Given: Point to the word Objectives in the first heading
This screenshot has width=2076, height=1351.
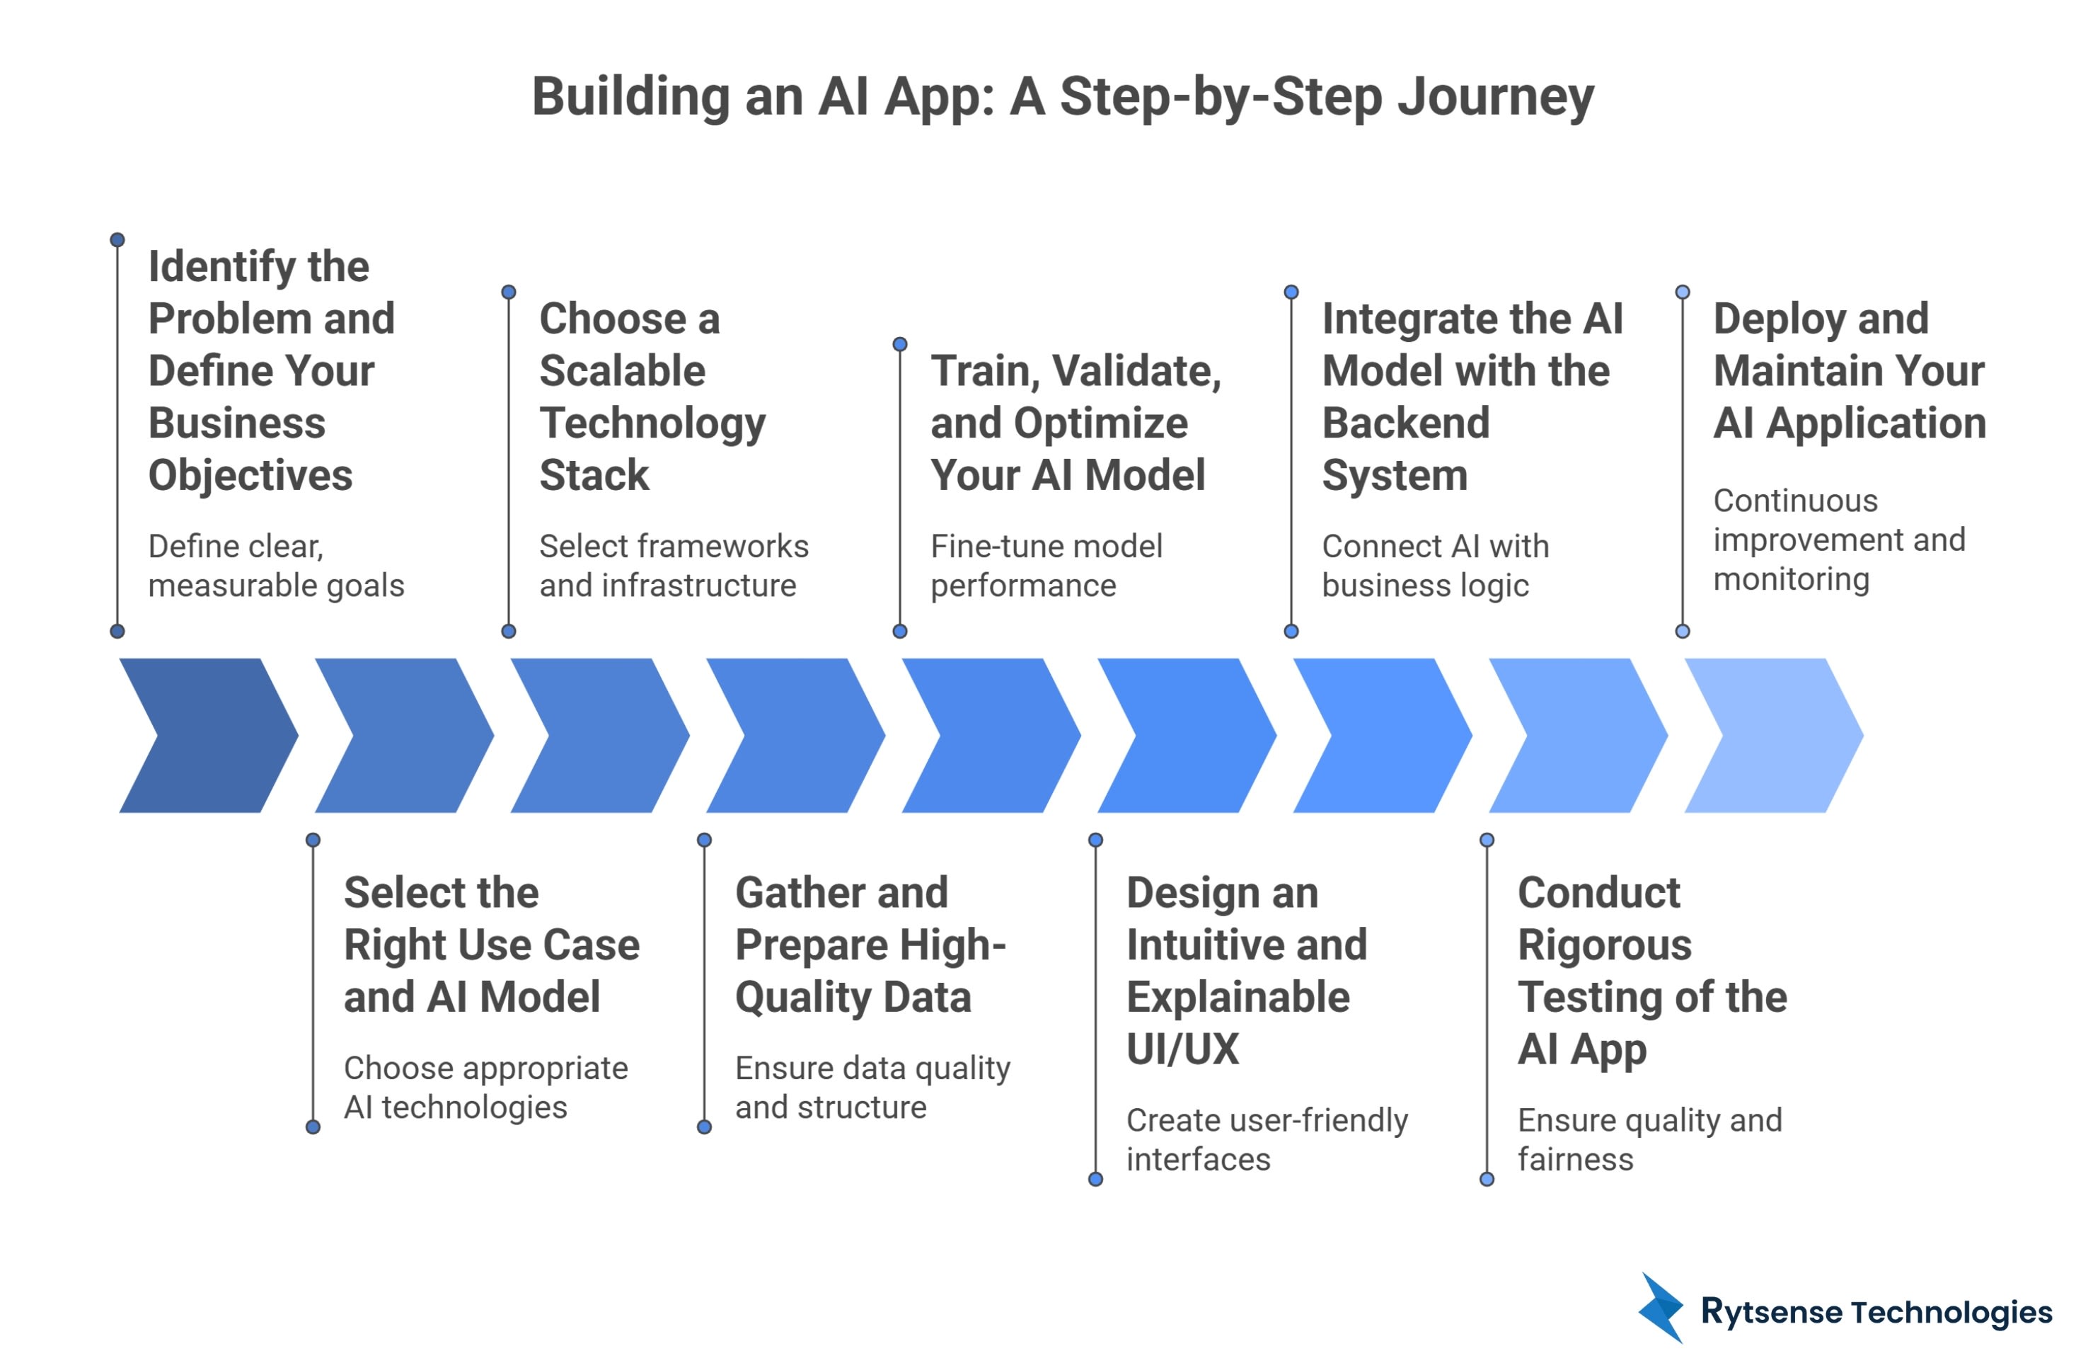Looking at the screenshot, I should point(250,475).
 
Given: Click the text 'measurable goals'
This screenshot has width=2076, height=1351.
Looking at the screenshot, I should point(276,585).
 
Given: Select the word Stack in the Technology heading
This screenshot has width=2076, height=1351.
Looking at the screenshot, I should point(594,475).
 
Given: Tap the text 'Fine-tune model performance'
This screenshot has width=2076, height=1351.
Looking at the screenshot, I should point(1045,566).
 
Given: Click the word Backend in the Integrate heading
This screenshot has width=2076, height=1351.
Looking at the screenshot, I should point(1405,423).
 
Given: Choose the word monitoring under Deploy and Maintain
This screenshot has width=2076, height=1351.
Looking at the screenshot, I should point(1791,578).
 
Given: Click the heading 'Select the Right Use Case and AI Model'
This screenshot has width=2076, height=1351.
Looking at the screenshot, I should point(491,945).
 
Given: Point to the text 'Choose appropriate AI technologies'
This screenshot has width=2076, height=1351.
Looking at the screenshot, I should point(485,1087).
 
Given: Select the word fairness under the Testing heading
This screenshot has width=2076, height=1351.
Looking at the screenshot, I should point(1574,1159).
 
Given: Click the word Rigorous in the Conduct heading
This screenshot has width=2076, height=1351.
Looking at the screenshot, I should point(1604,945).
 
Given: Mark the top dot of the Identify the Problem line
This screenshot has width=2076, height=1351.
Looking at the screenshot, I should point(117,239).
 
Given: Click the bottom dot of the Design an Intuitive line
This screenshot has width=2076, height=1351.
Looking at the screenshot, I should point(1095,1179).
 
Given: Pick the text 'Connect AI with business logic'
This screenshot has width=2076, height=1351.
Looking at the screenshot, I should point(1434,566).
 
